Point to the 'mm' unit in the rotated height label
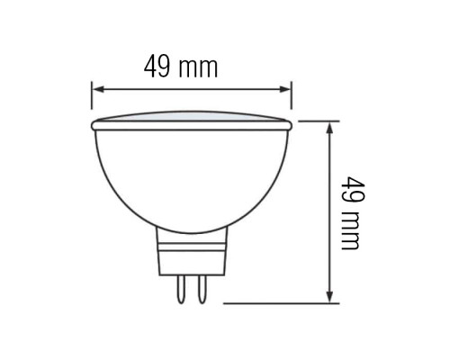tap(351, 231)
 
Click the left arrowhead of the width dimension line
tap(96, 89)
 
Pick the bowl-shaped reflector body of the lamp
tap(191, 175)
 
